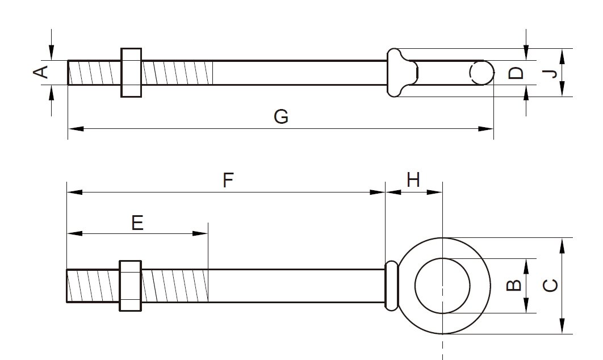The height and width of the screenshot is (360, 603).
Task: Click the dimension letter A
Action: click(x=40, y=72)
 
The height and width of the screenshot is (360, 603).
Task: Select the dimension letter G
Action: click(x=281, y=116)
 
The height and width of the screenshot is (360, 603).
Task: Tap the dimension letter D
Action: click(x=515, y=73)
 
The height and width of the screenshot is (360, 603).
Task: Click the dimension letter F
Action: click(x=227, y=181)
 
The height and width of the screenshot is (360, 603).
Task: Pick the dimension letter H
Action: click(x=413, y=181)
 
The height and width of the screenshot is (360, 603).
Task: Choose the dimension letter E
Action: click(x=137, y=223)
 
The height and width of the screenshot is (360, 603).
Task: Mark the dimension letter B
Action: click(x=513, y=285)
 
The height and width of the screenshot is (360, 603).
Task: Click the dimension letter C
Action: click(x=548, y=286)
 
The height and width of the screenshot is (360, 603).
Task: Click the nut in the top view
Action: click(x=131, y=72)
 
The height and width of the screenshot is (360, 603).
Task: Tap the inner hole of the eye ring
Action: click(x=442, y=285)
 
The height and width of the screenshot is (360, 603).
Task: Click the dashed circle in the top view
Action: click(x=481, y=72)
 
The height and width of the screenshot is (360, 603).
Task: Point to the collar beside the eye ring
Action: click(x=391, y=285)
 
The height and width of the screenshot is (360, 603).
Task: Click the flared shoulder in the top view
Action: click(x=400, y=72)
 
